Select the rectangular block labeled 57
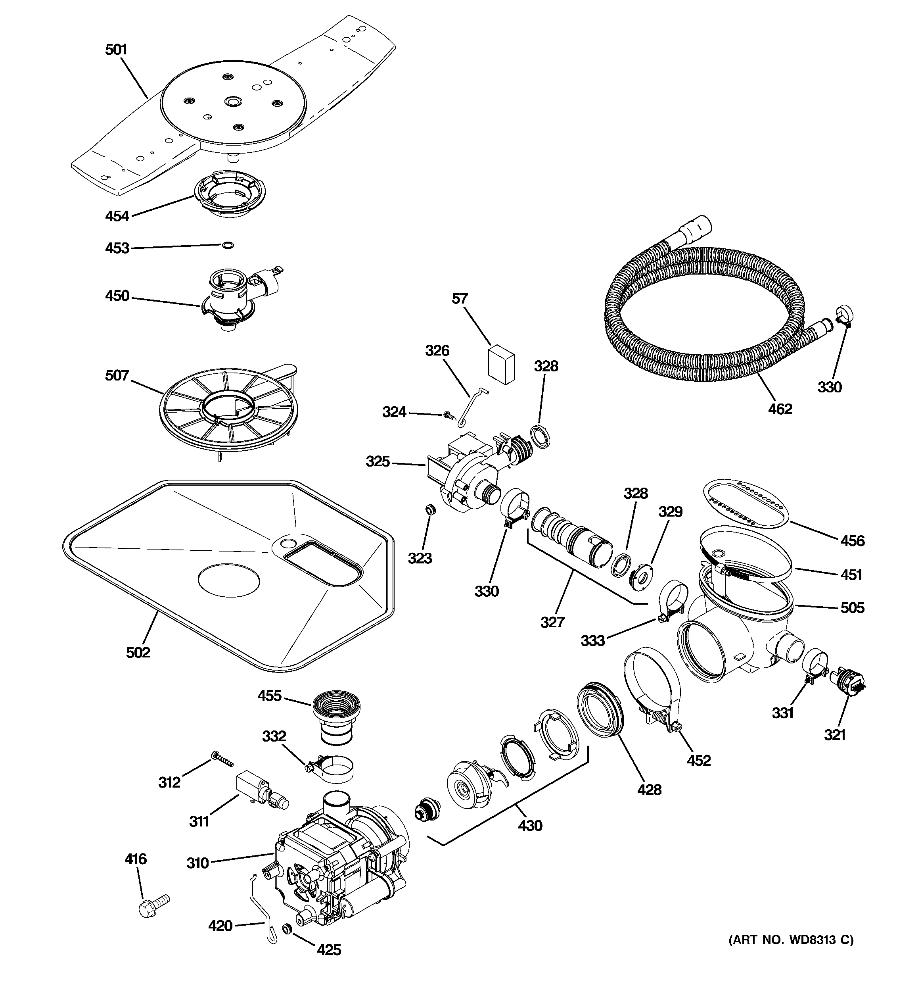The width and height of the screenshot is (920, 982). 501,365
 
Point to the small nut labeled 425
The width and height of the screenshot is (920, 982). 286,929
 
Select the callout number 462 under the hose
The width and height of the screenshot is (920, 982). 780,409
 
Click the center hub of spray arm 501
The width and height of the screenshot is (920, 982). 232,101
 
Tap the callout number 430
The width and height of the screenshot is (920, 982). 530,825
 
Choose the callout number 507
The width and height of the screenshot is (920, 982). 117,375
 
